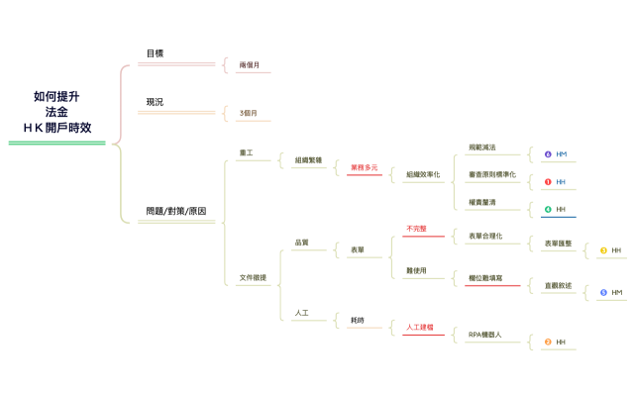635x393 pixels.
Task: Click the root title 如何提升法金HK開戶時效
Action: [57, 112]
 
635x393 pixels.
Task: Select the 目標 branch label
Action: [155, 53]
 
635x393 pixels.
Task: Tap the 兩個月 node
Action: [250, 65]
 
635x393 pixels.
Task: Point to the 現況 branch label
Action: [155, 102]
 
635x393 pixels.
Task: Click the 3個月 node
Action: [248, 114]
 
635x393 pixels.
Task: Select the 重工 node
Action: [247, 153]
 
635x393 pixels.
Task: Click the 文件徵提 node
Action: [253, 278]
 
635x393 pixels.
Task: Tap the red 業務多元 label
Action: [364, 168]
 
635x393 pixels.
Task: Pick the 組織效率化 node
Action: [425, 174]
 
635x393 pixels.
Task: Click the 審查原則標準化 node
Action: [492, 174]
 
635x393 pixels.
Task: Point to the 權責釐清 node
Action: [481, 202]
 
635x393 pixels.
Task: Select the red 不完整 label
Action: [416, 229]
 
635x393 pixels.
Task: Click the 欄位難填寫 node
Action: [485, 278]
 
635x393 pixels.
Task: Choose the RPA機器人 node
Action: [485, 335]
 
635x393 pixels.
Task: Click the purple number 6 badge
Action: [548, 154]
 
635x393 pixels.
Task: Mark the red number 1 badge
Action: [548, 182]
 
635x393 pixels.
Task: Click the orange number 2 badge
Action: [548, 343]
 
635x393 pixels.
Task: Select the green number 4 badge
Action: [548, 210]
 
